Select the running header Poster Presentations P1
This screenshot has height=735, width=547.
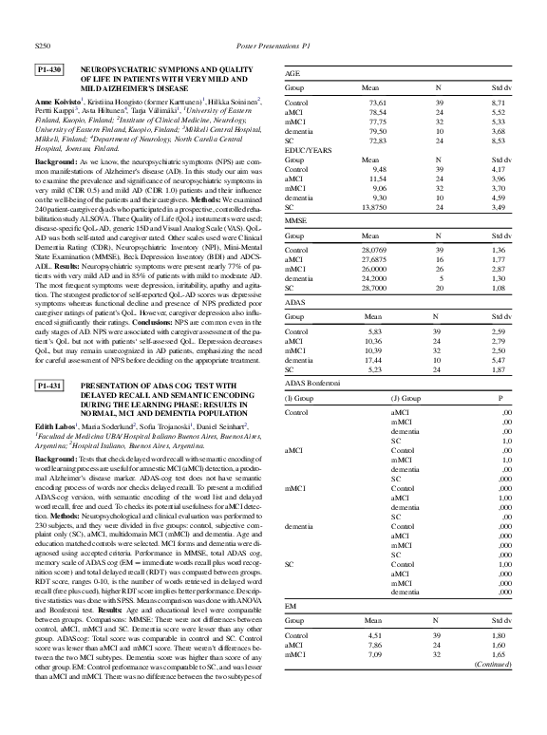(x=273, y=44)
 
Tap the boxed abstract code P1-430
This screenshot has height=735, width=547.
(x=49, y=70)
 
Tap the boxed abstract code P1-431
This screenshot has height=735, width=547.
(x=49, y=386)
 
